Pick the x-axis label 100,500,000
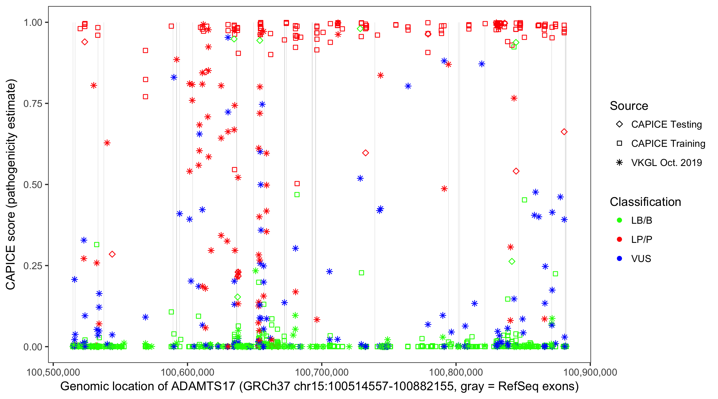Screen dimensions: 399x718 [53, 372]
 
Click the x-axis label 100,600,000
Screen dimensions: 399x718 [187, 372]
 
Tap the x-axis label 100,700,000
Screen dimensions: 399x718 [322, 372]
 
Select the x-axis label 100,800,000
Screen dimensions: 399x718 [456, 372]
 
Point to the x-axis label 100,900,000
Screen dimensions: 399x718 [590, 372]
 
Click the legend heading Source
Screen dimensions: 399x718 [629, 106]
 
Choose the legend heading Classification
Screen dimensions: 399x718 [645, 202]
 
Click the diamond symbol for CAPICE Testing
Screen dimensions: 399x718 [619, 124]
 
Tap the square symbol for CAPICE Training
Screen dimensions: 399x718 [619, 144]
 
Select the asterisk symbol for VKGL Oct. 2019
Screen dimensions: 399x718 [619, 163]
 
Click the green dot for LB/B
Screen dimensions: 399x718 [619, 221]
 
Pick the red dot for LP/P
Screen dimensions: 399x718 [619, 239]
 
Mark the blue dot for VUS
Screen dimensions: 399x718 [619, 259]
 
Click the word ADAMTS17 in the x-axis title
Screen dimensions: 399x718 [203, 387]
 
